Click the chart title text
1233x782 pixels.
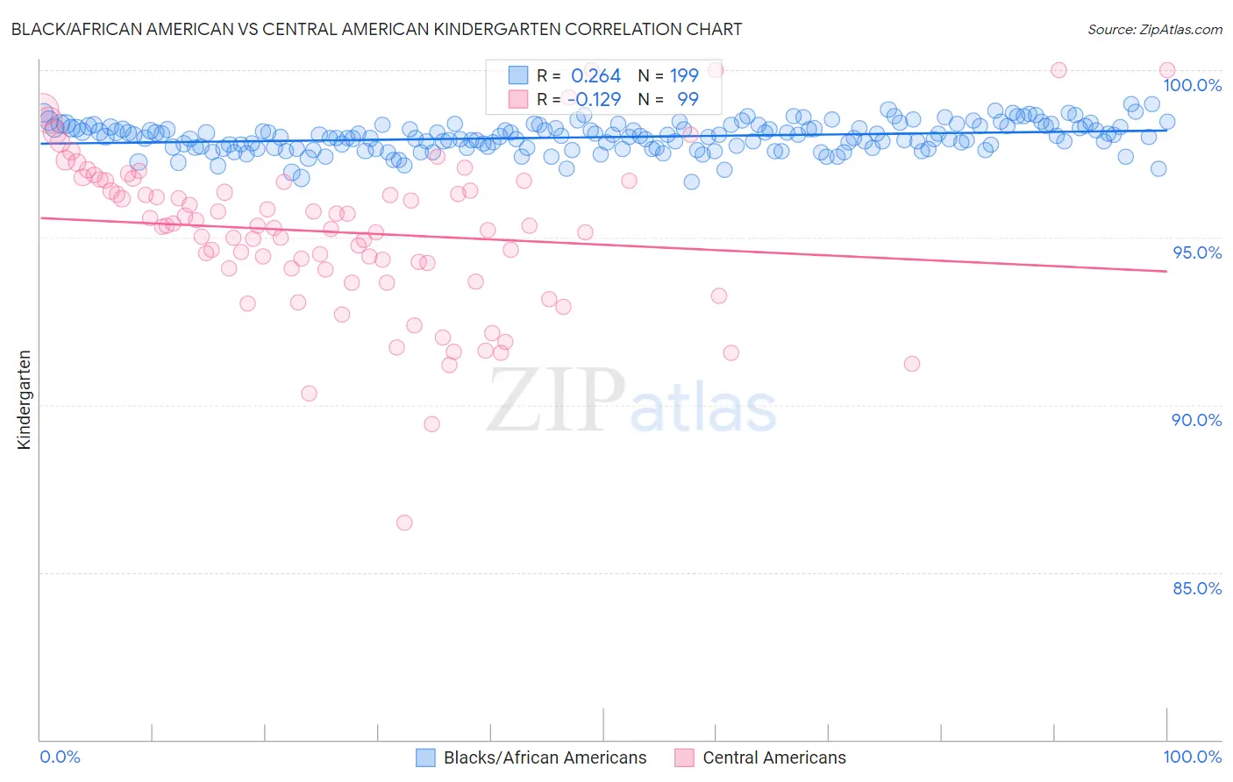[376, 29]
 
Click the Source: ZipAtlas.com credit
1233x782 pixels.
[1154, 29]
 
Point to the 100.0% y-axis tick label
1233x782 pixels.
[1192, 85]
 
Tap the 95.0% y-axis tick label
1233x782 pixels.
[1197, 252]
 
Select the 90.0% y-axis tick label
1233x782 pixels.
[1197, 420]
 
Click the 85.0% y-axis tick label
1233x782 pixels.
[1197, 588]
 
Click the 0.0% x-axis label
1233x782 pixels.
[60, 757]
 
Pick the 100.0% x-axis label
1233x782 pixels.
[1192, 757]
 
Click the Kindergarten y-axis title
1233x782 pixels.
[24, 400]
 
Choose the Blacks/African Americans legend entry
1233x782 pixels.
[545, 757]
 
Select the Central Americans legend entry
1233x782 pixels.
[774, 757]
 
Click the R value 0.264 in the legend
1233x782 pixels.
[595, 76]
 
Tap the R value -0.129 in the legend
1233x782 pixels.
[594, 100]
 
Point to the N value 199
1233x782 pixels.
[684, 76]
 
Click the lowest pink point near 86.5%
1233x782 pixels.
[404, 523]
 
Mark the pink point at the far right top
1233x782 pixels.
[1167, 70]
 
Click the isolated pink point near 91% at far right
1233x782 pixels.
[912, 364]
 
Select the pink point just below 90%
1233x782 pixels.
[431, 424]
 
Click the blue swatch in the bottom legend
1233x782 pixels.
[426, 757]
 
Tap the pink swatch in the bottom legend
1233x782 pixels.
[684, 757]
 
